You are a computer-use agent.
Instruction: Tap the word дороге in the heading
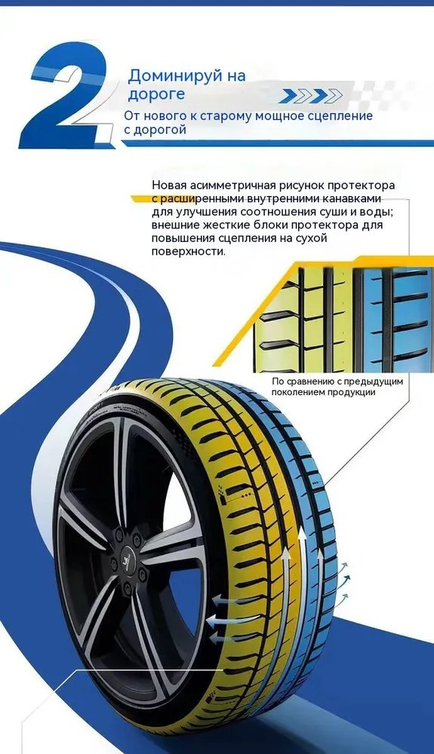156,93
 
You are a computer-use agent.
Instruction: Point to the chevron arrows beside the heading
311,96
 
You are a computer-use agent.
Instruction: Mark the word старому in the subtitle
225,116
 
